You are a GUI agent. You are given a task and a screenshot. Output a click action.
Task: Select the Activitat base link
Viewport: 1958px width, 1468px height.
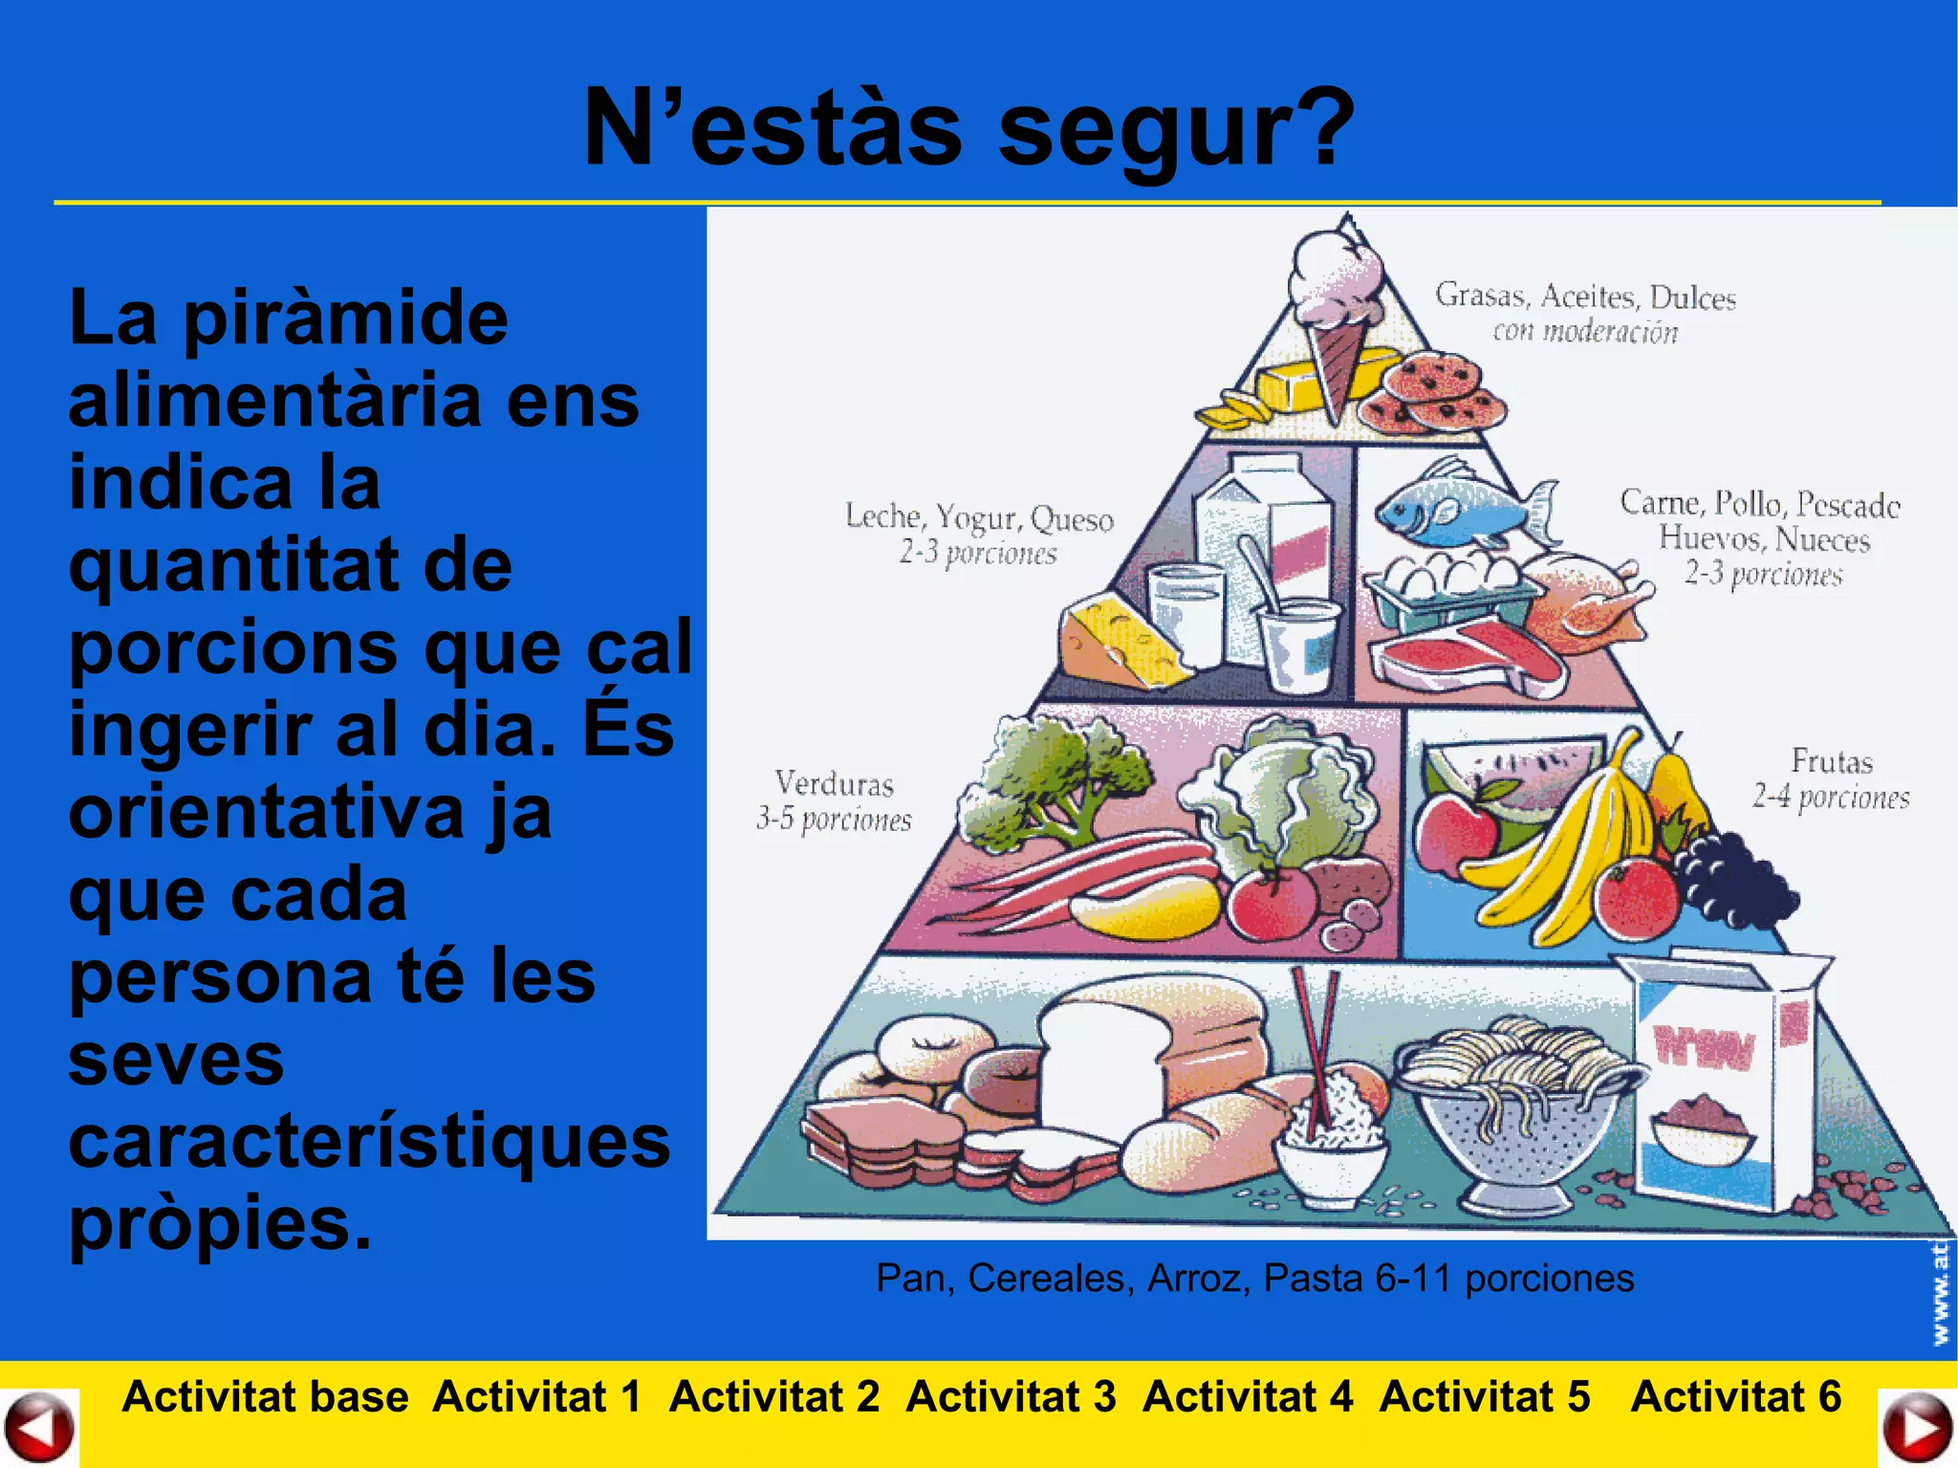[x=265, y=1396]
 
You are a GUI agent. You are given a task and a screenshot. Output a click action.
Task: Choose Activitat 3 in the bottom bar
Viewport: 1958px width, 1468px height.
[x=1011, y=1396]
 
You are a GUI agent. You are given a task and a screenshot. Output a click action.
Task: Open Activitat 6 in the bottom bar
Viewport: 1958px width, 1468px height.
[x=1735, y=1396]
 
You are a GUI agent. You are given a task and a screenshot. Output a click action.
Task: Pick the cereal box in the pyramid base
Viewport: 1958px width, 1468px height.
[x=1721, y=1081]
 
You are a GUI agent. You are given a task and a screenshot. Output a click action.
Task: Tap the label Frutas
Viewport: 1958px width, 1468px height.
[x=1831, y=761]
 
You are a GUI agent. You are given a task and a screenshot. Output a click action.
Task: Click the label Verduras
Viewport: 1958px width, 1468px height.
[x=834, y=783]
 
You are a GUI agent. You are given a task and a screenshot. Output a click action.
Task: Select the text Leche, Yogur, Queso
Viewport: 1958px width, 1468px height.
[x=979, y=517]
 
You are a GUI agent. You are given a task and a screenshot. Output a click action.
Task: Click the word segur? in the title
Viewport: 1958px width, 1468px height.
[x=1176, y=129]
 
